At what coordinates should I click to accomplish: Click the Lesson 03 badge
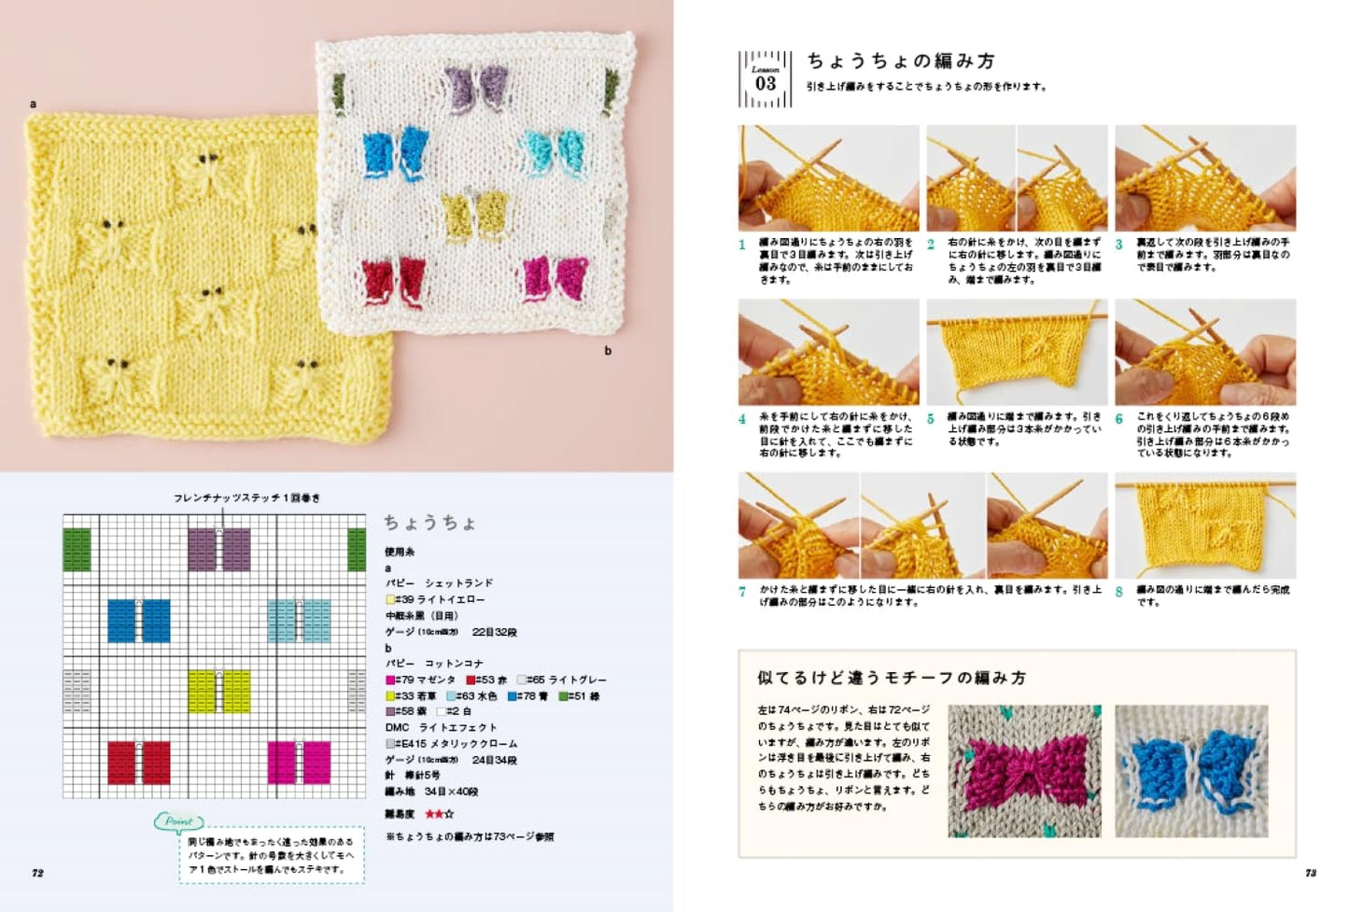[x=765, y=79]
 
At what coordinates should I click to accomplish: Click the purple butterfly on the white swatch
[x=476, y=89]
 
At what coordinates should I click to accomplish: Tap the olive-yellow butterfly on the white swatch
[x=474, y=215]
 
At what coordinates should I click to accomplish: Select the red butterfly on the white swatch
[x=392, y=279]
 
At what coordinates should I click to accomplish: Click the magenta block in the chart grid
[x=299, y=762]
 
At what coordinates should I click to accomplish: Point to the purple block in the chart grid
[x=219, y=549]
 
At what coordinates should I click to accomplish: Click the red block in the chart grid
[x=139, y=762]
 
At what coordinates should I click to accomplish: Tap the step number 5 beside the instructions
[x=931, y=419]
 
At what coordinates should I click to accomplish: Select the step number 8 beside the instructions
[x=1118, y=592]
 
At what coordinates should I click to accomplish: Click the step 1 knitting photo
[x=828, y=178]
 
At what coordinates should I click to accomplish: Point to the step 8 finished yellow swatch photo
[x=1205, y=526]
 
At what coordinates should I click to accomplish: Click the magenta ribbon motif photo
[x=1024, y=770]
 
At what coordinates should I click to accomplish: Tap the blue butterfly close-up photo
[x=1191, y=770]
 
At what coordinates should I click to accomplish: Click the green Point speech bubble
[x=177, y=822]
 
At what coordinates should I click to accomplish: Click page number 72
[x=37, y=873]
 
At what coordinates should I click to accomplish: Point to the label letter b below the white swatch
[x=608, y=351]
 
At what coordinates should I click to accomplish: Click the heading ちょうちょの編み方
[x=901, y=62]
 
